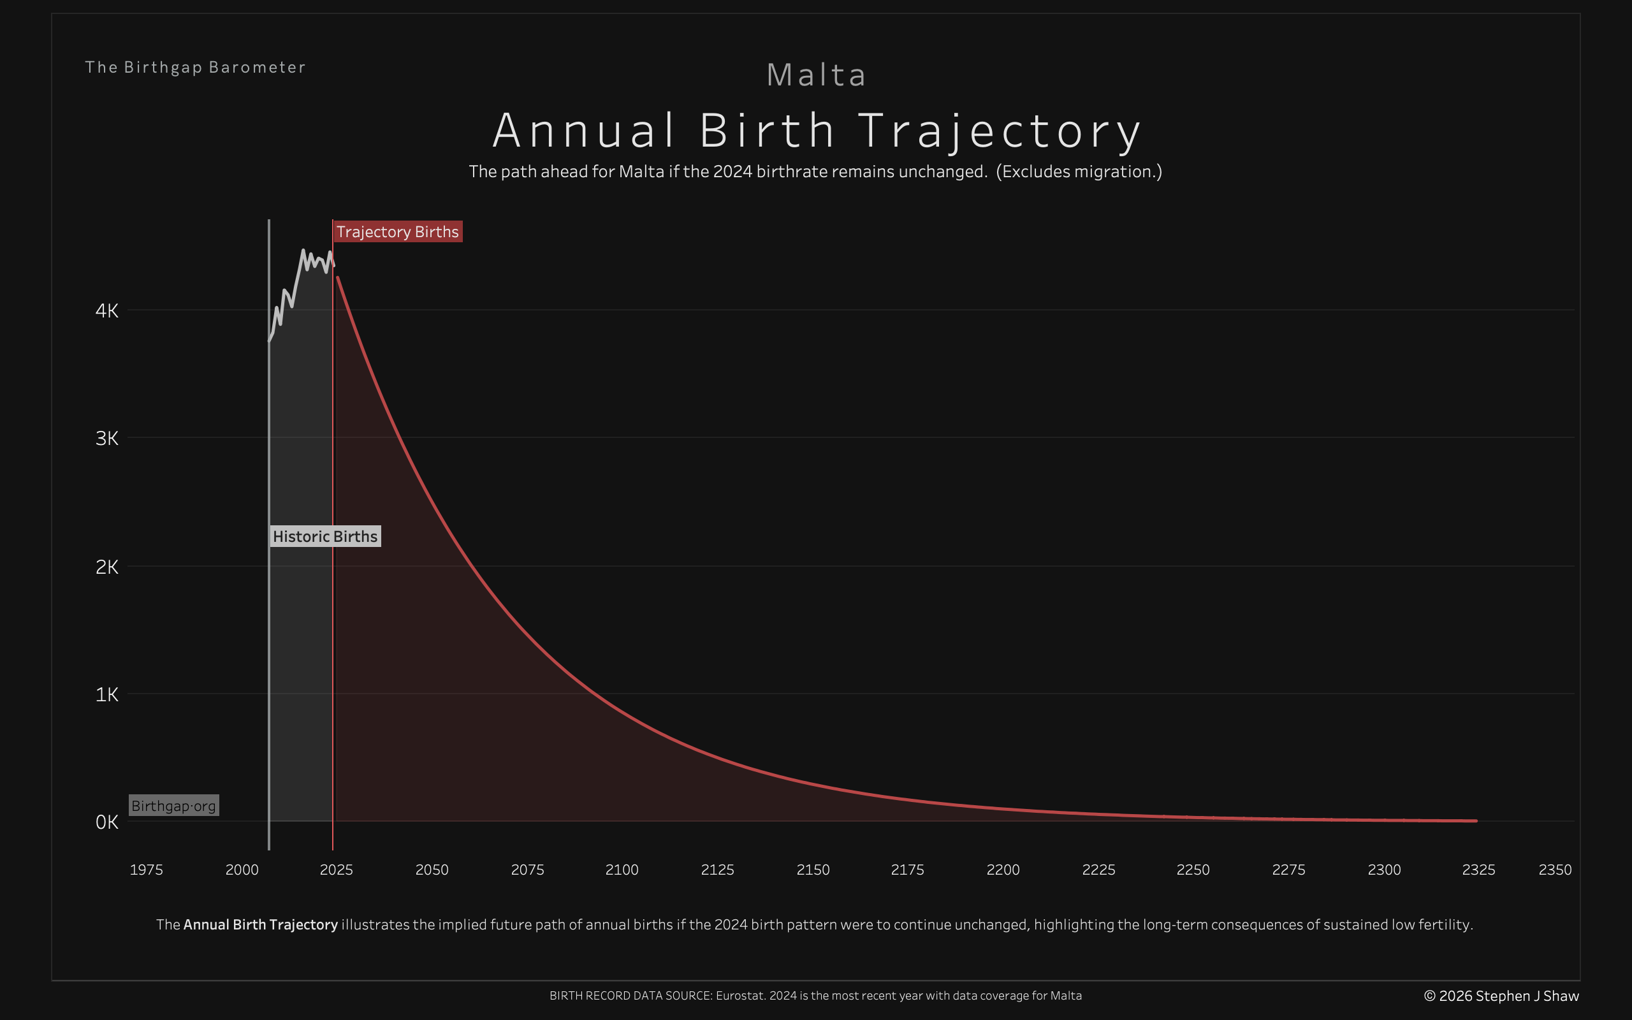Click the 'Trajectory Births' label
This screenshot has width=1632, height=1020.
pyautogui.click(x=397, y=231)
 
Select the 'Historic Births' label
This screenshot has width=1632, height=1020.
pyautogui.click(x=325, y=536)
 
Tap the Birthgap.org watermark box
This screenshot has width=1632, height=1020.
pyautogui.click(x=173, y=805)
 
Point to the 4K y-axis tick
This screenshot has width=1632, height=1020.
pyautogui.click(x=106, y=310)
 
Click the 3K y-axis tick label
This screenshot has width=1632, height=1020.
pyautogui.click(x=106, y=439)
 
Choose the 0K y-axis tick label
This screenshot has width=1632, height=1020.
pyautogui.click(x=106, y=822)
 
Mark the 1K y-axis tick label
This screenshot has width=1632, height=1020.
pyautogui.click(x=106, y=694)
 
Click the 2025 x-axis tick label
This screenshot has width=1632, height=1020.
pyautogui.click(x=336, y=870)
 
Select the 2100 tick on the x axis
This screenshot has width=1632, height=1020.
pyautogui.click(x=621, y=870)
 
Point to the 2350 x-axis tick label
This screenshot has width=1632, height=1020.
pyautogui.click(x=1554, y=870)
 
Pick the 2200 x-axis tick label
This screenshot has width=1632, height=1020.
pyautogui.click(x=1003, y=870)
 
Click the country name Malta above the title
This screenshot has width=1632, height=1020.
pyautogui.click(x=816, y=75)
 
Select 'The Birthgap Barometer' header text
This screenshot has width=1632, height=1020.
pyautogui.click(x=195, y=68)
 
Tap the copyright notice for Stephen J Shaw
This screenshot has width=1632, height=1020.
pyautogui.click(x=1501, y=996)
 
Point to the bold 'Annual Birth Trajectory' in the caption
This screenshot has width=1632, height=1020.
pyautogui.click(x=260, y=924)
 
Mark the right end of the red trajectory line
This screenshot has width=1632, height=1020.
pyautogui.click(x=1476, y=821)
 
